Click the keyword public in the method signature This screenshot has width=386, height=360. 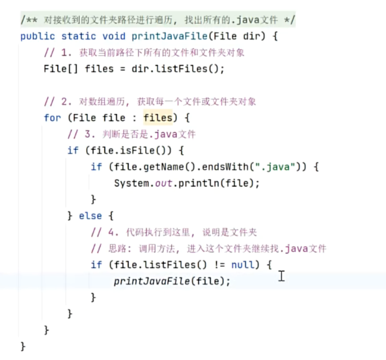[x=38, y=36]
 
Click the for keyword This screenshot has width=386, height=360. [x=52, y=118]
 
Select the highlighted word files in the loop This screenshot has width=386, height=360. [x=157, y=118]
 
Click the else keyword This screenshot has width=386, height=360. [x=90, y=216]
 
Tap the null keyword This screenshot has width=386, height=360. [x=243, y=265]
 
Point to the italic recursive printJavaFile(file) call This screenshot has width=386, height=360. [x=172, y=281]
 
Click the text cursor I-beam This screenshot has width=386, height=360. [x=281, y=276]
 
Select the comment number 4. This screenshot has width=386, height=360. [x=111, y=232]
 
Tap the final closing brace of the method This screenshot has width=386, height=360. [x=23, y=347]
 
